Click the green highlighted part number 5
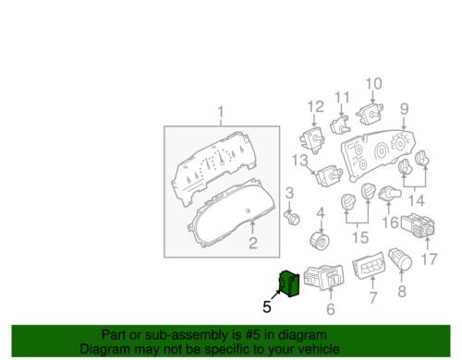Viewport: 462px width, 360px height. (289, 283)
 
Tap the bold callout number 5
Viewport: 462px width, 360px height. (267, 306)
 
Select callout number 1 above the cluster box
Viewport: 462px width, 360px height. (221, 113)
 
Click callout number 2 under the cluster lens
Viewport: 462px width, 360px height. (253, 243)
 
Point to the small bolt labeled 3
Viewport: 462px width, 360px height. (292, 218)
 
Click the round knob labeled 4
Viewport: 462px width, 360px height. (320, 242)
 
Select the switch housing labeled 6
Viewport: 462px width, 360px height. (324, 277)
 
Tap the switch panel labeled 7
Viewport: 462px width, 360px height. (369, 266)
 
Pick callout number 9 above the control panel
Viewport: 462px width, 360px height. (405, 109)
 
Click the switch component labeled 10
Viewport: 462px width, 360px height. (370, 114)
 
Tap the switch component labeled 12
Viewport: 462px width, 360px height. (312, 140)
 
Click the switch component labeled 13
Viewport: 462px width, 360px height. (330, 176)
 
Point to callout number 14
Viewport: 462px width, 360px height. (417, 201)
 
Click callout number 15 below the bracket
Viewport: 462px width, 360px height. (360, 237)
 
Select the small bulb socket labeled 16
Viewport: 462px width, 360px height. (390, 194)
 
